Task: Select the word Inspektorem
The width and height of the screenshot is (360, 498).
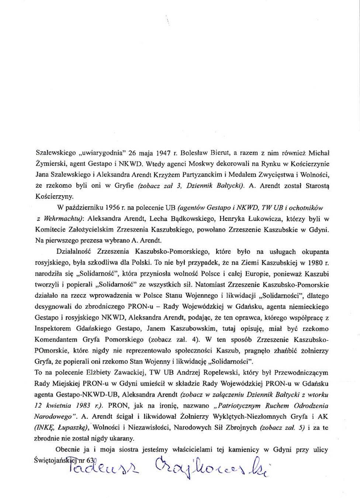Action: [52, 328]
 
